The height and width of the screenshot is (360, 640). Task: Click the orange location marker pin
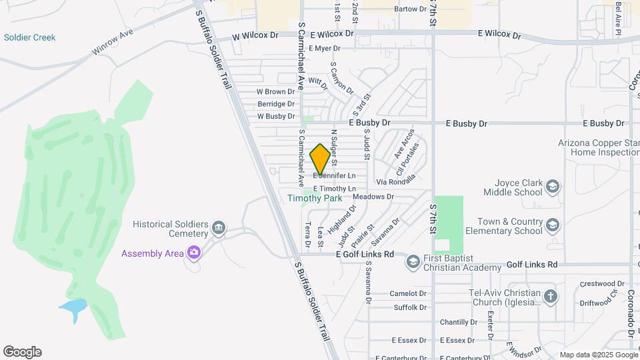click(320, 159)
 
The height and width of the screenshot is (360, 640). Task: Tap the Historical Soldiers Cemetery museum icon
click(218, 230)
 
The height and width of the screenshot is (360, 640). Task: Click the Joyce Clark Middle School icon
click(552, 186)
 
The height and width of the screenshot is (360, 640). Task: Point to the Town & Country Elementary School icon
click(552, 226)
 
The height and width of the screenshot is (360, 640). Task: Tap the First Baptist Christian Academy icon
click(413, 261)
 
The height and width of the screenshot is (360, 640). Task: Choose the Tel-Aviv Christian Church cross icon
click(551, 296)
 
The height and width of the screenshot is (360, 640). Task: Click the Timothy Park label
click(315, 198)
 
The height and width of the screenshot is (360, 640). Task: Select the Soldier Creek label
click(30, 38)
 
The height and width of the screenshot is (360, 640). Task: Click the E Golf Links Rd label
click(365, 255)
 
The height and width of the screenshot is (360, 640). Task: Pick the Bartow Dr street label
click(410, 9)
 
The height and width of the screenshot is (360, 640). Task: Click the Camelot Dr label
click(407, 293)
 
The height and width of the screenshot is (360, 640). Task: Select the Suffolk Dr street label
click(410, 307)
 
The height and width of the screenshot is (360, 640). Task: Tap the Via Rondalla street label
click(396, 180)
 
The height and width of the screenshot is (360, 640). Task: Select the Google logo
click(22, 352)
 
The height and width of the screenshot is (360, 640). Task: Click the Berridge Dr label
click(276, 104)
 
